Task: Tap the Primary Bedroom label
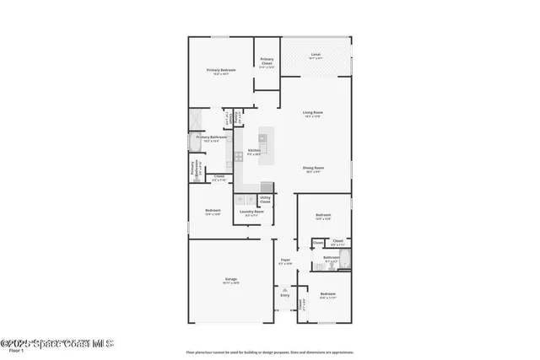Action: [x=221, y=71]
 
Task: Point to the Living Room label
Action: [x=313, y=113]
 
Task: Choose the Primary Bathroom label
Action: [x=208, y=138]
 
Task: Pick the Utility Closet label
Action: [x=265, y=200]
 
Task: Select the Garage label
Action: [x=230, y=280]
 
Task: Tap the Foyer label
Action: [x=285, y=261]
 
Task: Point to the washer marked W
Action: [x=240, y=200]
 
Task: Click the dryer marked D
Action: [x=251, y=200]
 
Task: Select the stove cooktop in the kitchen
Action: [x=240, y=155]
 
